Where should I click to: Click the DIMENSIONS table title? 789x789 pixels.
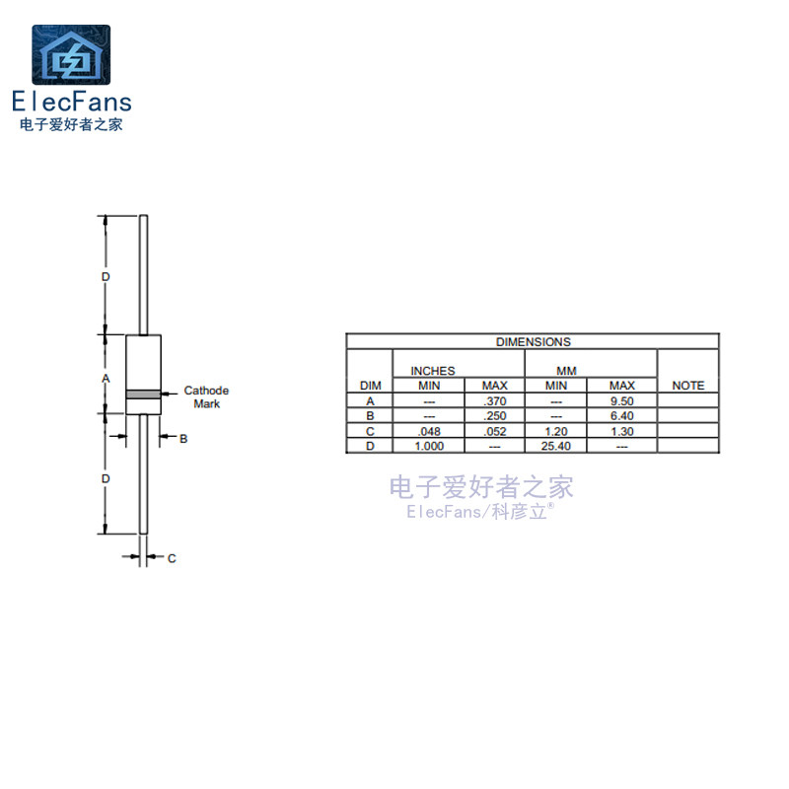(533, 342)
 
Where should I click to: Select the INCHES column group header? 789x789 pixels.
(433, 371)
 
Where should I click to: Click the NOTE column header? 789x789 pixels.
(687, 386)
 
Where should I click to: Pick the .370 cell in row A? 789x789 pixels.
(494, 401)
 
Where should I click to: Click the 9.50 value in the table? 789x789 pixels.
(621, 401)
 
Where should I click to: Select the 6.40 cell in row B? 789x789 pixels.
(621, 416)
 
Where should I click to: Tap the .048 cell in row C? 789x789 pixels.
(429, 431)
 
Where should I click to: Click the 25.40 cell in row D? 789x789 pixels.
(556, 446)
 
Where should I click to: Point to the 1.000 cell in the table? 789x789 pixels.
(429, 446)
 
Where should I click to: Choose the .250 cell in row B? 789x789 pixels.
(494, 416)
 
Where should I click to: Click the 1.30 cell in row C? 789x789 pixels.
(621, 431)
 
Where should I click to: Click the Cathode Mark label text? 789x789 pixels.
(206, 397)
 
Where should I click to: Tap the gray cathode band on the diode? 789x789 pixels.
(143, 394)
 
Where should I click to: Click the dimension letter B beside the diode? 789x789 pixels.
(183, 439)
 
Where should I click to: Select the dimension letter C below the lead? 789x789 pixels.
(171, 558)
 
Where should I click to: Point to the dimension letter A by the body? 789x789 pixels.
(107, 379)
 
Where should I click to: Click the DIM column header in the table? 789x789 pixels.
(370, 386)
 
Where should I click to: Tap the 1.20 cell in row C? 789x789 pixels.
(556, 431)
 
